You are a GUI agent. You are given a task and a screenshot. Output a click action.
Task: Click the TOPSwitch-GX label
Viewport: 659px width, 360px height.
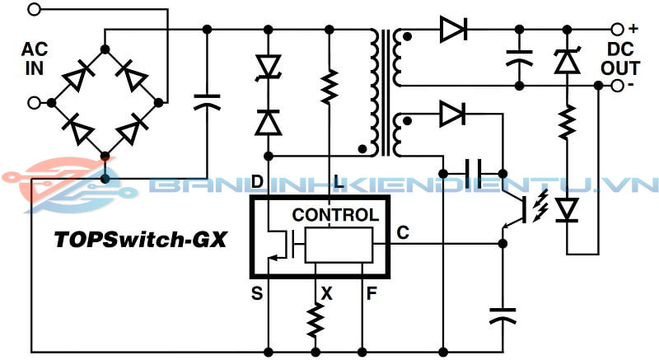point(139,240)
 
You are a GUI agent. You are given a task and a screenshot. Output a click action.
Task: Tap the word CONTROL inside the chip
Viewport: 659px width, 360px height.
point(335,216)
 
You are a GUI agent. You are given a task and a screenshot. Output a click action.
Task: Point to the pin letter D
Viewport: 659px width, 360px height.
point(257,180)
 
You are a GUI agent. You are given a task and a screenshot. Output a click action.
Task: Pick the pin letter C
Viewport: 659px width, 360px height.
point(403,234)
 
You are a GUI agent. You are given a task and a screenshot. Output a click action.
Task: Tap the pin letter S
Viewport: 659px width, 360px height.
point(257,292)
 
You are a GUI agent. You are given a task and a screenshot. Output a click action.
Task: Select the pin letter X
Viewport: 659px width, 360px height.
point(327,292)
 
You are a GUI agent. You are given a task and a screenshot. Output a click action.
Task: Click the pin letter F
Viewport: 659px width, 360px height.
point(372,292)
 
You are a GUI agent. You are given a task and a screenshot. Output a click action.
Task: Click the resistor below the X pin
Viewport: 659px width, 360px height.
point(315,320)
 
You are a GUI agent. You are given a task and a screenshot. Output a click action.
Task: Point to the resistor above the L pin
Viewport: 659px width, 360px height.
point(329,86)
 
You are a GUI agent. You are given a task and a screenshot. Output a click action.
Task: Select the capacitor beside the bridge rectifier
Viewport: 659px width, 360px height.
point(207,102)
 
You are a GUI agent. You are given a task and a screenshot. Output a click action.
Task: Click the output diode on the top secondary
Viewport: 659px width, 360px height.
point(452,30)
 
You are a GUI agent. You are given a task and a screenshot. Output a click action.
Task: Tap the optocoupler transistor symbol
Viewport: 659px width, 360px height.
point(516,211)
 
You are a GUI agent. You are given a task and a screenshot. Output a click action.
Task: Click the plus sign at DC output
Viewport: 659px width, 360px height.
point(633,26)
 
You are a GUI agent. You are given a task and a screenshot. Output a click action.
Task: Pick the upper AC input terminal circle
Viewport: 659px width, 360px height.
point(34,10)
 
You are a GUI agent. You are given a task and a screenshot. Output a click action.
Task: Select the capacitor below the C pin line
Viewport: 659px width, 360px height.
point(502,315)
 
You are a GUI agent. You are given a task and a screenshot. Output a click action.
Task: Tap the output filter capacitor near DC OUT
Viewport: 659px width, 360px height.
point(518,57)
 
